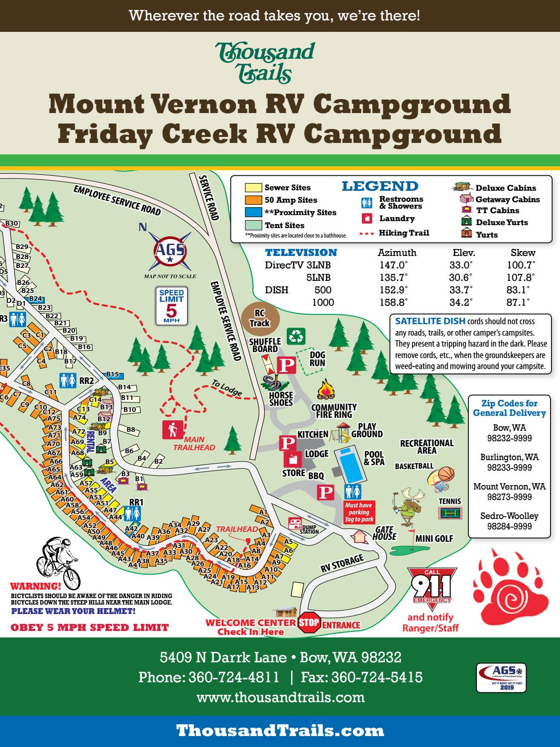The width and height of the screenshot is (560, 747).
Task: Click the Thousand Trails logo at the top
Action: click(x=265, y=62)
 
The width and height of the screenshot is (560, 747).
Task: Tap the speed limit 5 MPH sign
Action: click(x=171, y=306)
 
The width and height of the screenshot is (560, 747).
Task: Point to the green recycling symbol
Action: click(x=296, y=336)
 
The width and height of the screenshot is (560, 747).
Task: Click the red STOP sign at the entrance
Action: click(x=308, y=623)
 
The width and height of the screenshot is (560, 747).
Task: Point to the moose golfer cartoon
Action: click(x=408, y=507)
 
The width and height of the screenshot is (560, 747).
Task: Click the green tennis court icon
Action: click(x=450, y=513)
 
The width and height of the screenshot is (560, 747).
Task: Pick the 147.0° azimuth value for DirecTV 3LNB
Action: click(x=393, y=265)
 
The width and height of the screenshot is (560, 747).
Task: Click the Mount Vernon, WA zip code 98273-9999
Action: click(x=509, y=497)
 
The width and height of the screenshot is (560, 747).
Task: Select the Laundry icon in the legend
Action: click(x=367, y=219)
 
